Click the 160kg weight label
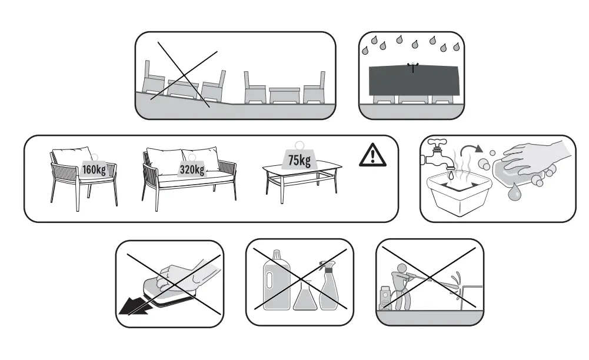point(94,170)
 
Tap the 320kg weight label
point(192,170)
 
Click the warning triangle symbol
point(373,156)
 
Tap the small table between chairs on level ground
point(285,96)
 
